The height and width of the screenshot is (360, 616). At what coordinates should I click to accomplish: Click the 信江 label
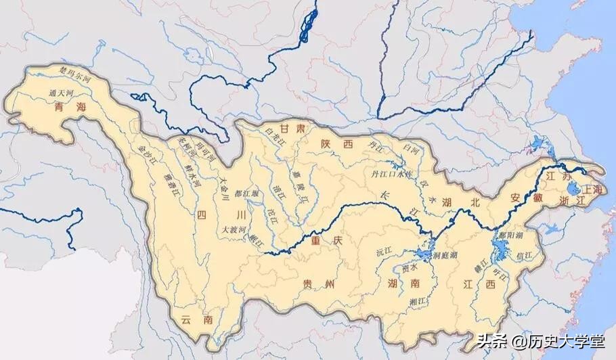pos(523,256)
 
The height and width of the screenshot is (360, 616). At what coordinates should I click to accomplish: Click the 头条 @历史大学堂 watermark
pos(539,342)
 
